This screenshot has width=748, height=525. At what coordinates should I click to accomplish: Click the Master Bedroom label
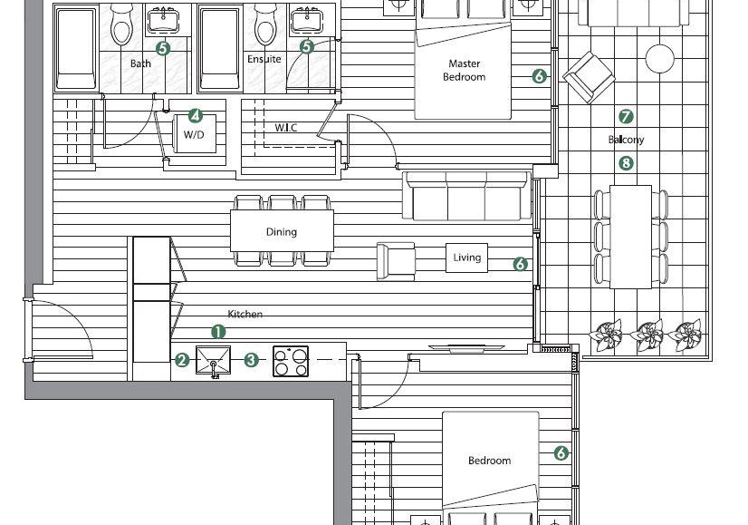pyautogui.click(x=465, y=70)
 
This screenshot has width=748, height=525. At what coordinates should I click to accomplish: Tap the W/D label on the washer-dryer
pyautogui.click(x=194, y=135)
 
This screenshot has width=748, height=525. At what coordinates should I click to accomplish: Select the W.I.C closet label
pyautogui.click(x=286, y=128)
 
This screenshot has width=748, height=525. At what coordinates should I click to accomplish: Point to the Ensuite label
pyautogui.click(x=264, y=59)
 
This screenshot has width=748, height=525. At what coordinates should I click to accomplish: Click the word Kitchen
pyautogui.click(x=245, y=314)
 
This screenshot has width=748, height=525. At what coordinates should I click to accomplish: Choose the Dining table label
pyautogui.click(x=282, y=232)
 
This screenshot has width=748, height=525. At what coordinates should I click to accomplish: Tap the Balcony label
pyautogui.click(x=626, y=140)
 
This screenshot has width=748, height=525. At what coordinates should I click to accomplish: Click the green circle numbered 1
pyautogui.click(x=218, y=332)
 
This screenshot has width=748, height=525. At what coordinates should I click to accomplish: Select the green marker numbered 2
pyautogui.click(x=182, y=360)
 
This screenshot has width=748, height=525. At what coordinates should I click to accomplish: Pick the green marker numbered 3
pyautogui.click(x=252, y=360)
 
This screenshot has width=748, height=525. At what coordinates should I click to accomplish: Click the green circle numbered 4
pyautogui.click(x=195, y=115)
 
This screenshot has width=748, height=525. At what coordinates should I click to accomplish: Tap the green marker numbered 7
pyautogui.click(x=626, y=116)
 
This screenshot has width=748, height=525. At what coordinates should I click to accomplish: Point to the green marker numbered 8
pyautogui.click(x=626, y=163)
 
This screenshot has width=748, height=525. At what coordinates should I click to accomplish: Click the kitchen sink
pyautogui.click(x=213, y=361)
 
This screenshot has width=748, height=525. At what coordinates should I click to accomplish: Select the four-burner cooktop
pyautogui.click(x=291, y=361)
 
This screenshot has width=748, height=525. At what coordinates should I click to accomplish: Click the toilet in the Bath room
pyautogui.click(x=121, y=24)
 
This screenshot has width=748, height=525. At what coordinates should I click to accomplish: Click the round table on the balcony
pyautogui.click(x=660, y=59)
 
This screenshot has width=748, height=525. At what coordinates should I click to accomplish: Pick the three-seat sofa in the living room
pyautogui.click(x=466, y=196)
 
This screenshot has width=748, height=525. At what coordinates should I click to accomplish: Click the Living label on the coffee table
pyautogui.click(x=467, y=258)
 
